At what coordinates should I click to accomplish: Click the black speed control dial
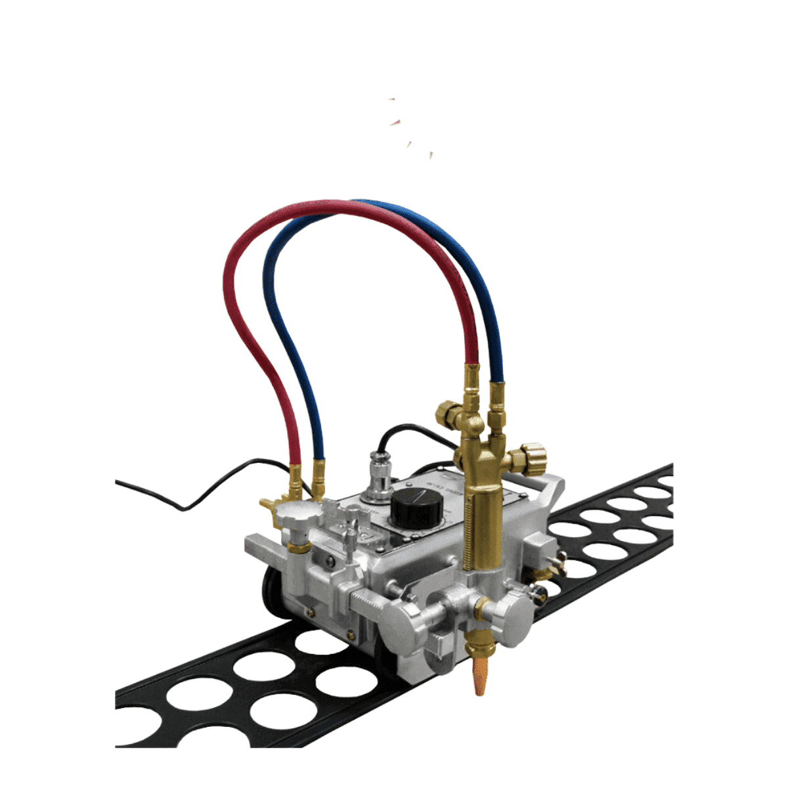417,509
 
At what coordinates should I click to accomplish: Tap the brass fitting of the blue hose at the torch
496,397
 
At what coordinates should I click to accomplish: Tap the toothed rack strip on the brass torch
468,532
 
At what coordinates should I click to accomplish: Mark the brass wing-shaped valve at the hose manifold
269,504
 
